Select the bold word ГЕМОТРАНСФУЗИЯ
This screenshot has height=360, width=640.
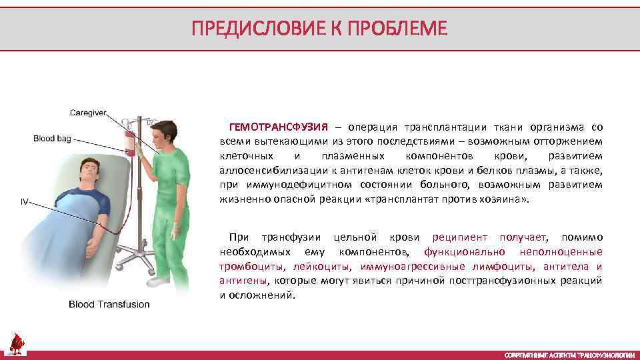coord(279,127)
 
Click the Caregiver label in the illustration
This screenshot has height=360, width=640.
coord(88,113)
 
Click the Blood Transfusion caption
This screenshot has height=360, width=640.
coord(109,305)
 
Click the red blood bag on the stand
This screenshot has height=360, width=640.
coord(129,143)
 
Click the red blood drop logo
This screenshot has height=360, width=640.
coord(16,344)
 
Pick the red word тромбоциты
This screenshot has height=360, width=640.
coord(247,266)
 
